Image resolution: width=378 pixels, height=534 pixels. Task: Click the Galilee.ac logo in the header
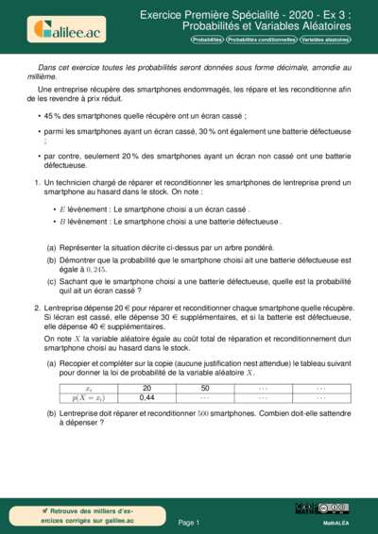tap(66, 28)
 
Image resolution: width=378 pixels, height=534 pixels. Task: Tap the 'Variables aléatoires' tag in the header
tap(325, 41)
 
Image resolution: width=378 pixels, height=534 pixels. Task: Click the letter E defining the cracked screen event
tap(62, 209)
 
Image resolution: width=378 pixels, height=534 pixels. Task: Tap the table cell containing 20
tap(146, 388)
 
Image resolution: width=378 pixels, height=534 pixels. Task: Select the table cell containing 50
tap(205, 388)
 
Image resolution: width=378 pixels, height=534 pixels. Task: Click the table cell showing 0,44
tap(146, 397)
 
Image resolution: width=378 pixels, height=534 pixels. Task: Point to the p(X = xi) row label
tap(89, 397)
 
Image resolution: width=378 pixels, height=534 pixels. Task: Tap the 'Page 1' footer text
tap(188, 521)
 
